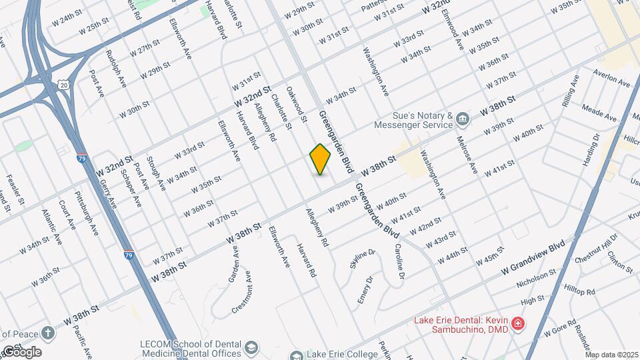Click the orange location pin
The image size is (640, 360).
(321, 159)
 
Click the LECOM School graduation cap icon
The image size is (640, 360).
(251, 349)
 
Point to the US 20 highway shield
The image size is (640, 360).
(63, 83)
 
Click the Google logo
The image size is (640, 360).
(21, 351)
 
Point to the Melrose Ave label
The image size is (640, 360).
(467, 154)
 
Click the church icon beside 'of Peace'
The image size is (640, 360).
(48, 333)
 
